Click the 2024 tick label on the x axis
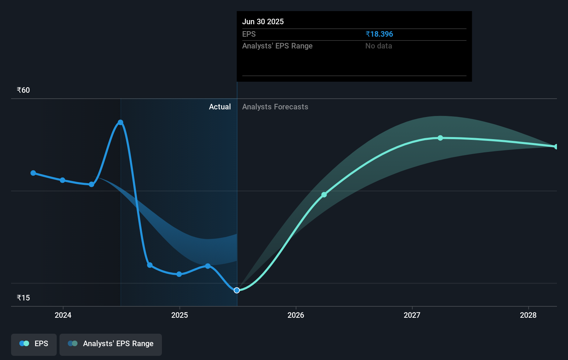coord(63,315)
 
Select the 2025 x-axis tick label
coord(180,315)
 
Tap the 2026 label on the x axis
coord(296,315)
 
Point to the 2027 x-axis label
coord(412,315)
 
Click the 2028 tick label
coord(528,315)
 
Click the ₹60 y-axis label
coord(23,90)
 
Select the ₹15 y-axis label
coord(23,298)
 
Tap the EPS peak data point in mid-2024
coord(120,122)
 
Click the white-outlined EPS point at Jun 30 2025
coord(237,290)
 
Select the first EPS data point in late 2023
coord(33,173)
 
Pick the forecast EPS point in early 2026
coord(324,195)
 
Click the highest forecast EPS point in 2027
coord(440,138)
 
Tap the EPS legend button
coord(34,344)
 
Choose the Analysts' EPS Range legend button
coord(111,344)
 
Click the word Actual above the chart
coord(220,107)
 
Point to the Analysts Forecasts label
coord(275,107)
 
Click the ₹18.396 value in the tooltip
coord(379,34)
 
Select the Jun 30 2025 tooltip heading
coord(263,22)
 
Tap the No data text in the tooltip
coord(378,46)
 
